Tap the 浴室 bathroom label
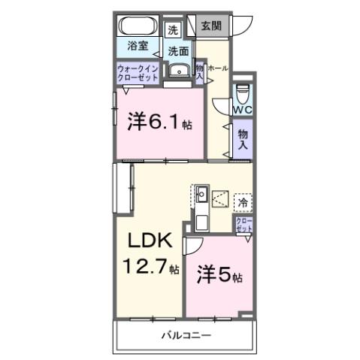137,45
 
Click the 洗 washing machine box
173,31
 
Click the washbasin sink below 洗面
178,71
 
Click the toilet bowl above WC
242,93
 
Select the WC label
242,110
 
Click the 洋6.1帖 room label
159,121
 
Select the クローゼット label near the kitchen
244,225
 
